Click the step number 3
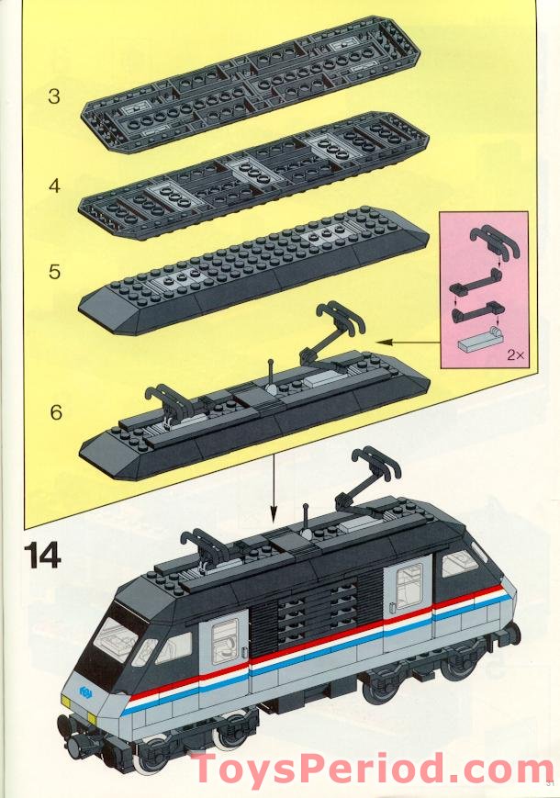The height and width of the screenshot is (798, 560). tap(54, 96)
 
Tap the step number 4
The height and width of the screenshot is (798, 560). tap(54, 185)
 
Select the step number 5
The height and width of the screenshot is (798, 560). tap(54, 272)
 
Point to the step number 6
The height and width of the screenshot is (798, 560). tap(56, 412)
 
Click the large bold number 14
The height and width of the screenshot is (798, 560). tap(42, 556)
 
